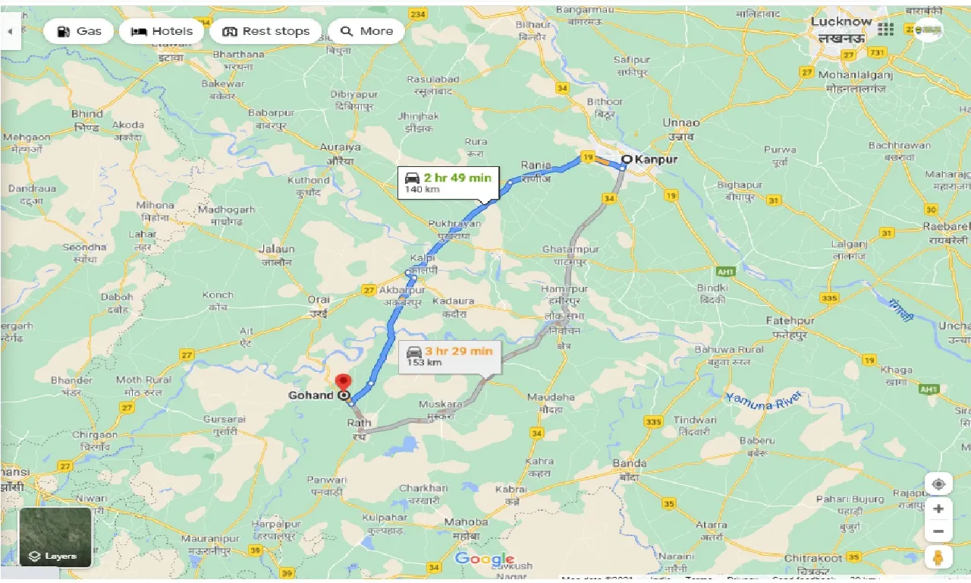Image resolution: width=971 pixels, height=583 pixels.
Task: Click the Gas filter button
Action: [79, 31]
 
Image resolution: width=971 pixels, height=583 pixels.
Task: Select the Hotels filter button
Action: [161, 31]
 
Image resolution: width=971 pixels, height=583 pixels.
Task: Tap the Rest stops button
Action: [266, 31]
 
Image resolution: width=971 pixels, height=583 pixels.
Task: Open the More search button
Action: [367, 31]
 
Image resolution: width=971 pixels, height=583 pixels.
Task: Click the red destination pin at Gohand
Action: [344, 383]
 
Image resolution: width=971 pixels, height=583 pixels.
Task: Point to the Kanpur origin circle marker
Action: [627, 159]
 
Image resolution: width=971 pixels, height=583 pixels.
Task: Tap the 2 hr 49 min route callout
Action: [448, 182]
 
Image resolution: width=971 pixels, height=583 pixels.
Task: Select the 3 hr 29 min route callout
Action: [450, 355]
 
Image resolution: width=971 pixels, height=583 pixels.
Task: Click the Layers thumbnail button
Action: [55, 537]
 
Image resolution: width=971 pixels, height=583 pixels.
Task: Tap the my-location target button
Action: [938, 484]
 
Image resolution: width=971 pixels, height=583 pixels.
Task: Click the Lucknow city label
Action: [841, 21]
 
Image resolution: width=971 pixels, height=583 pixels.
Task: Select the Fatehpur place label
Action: [790, 320]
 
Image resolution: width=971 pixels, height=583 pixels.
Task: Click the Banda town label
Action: [630, 463]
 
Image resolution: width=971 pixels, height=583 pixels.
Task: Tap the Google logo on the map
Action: [485, 559]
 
